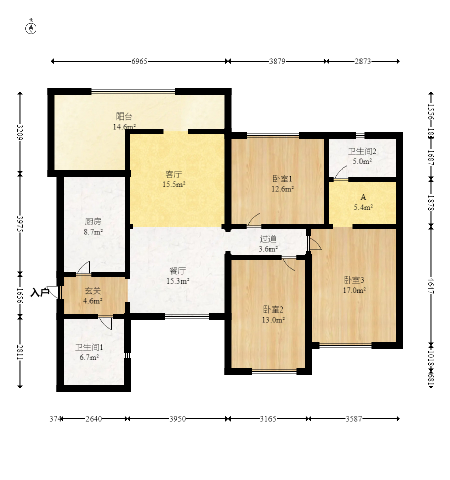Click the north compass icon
tap(31, 27)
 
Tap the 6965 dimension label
tap(139, 61)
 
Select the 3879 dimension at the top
tap(277, 61)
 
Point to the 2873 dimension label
tap(363, 61)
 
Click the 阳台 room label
tap(124, 117)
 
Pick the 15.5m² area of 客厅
tap(174, 184)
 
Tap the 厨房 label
tap(93, 221)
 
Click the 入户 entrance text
tap(40, 292)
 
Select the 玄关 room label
tap(93, 291)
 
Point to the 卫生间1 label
tap(89, 347)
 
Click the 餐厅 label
tap(177, 271)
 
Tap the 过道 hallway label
tap(268, 238)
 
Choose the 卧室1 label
tap(282, 179)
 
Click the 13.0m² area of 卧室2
tap(274, 320)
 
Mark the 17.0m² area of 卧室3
tap(354, 290)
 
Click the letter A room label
tap(363, 197)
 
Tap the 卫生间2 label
tap(362, 151)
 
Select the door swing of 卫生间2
tap(341, 173)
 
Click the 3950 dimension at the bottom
tap(177, 419)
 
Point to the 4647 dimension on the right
tap(431, 286)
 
